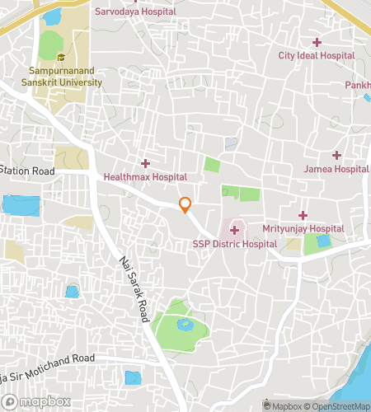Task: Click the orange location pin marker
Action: click(x=185, y=204)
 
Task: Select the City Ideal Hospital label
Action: click(x=316, y=55)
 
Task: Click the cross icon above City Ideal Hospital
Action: click(x=317, y=42)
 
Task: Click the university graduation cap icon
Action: click(x=61, y=57)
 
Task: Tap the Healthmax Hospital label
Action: click(x=145, y=176)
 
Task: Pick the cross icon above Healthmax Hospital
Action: click(x=145, y=163)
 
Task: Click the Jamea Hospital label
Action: click(x=336, y=169)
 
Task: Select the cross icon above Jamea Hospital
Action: click(x=336, y=155)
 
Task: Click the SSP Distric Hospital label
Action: click(x=234, y=244)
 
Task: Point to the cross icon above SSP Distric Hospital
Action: click(x=234, y=230)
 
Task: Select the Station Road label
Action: click(x=27, y=171)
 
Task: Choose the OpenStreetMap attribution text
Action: click(x=337, y=405)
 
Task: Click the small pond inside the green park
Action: click(x=185, y=324)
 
